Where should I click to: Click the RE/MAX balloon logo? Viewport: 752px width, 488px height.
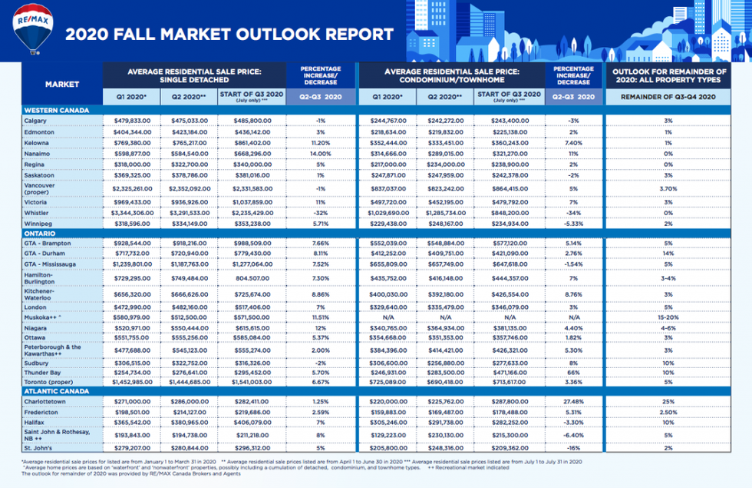tap(32, 29)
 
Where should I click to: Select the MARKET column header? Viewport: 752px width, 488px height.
tap(61, 85)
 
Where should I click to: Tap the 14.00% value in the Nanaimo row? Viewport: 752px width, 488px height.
tap(322, 153)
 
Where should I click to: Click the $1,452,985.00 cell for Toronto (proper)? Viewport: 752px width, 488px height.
tap(129, 382)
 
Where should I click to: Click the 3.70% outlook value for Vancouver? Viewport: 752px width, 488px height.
tap(668, 188)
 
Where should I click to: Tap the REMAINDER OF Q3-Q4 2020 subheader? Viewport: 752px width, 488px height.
tap(668, 98)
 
